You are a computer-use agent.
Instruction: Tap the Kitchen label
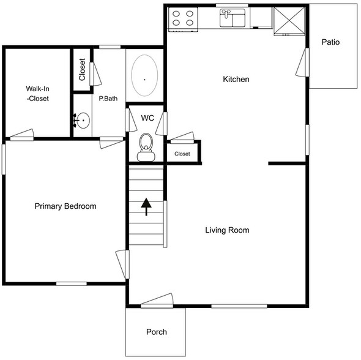pos(236,79)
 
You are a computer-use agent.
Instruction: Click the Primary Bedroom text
pos(65,206)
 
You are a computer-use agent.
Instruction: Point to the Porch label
pos(156,332)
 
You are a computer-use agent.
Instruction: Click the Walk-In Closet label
pos(33,93)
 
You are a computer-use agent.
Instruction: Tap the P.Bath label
pos(108,98)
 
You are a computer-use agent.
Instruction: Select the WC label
pos(147,118)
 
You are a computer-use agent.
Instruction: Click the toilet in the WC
pos(146,146)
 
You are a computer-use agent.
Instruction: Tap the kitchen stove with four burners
pos(183,18)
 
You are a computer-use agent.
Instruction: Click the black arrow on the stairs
pos(146,207)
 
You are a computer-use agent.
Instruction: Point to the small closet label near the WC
pos(182,154)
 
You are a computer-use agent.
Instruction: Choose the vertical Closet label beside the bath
pos(82,69)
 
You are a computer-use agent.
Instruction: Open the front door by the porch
pos(158,301)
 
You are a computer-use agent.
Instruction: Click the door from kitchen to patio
pos(305,61)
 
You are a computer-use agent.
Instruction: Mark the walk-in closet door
pos(23,135)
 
